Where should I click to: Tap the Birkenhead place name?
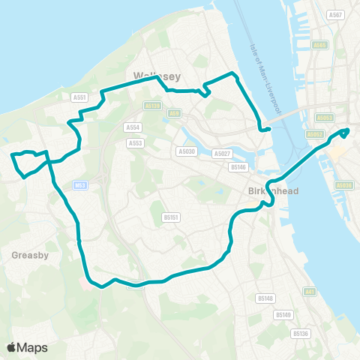click(274, 191)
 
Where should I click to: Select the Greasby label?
click(30, 255)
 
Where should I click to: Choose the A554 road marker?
click(134, 127)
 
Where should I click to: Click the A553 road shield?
click(135, 142)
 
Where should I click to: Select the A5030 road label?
click(186, 151)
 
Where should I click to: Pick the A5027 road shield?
click(221, 154)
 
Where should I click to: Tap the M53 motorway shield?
click(80, 184)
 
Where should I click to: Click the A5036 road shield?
click(345, 184)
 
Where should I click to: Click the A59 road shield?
click(175, 113)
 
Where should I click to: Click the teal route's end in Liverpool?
click(347, 130)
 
